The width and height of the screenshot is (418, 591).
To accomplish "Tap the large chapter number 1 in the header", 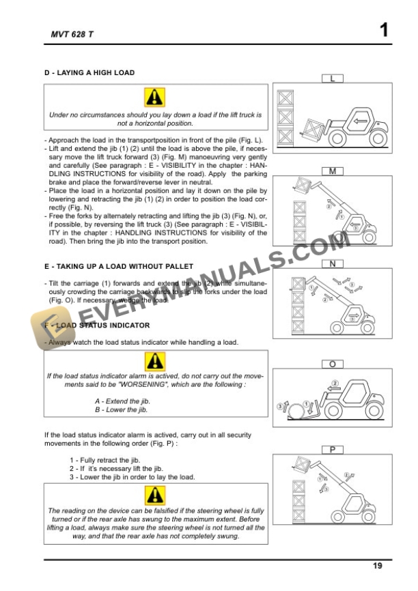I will [384, 30].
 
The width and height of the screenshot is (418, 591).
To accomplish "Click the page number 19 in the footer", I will [378, 565].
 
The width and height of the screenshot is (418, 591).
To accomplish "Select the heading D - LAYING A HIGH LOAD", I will [89, 72].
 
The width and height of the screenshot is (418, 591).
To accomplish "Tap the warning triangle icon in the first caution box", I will [155, 98].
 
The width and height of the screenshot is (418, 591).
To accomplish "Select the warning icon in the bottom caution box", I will [155, 494].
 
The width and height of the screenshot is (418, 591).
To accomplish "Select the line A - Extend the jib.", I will [122, 401].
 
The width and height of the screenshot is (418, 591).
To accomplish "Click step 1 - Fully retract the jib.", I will [104, 460].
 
